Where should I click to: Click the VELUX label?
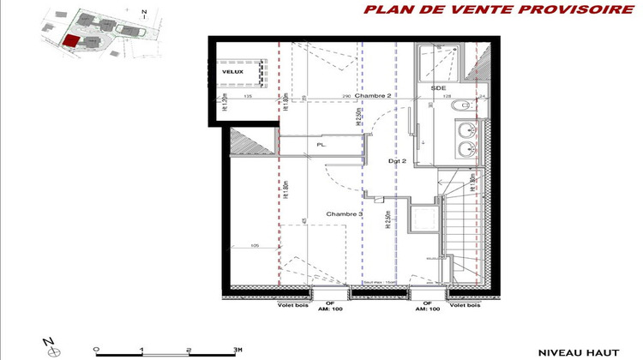[x=232, y=72]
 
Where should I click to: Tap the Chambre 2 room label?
[x=374, y=97]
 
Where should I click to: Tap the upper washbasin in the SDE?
[x=466, y=130]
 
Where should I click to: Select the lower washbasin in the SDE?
[x=466, y=149]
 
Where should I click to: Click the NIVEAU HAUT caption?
[x=574, y=351]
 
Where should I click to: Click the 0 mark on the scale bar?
[x=96, y=349]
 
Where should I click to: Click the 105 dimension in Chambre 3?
[x=254, y=247]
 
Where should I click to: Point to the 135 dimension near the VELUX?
[x=248, y=97]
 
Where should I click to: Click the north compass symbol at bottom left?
[x=51, y=349]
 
